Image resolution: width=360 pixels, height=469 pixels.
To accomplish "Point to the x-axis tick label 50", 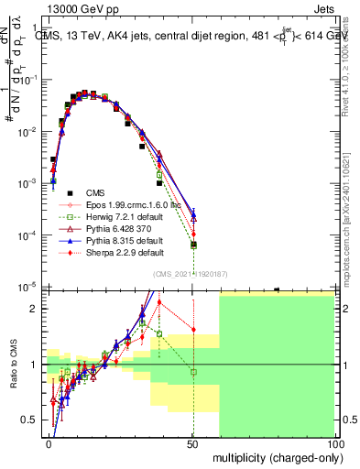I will [x=193, y=443].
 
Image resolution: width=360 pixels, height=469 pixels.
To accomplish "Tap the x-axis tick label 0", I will [x=49, y=443].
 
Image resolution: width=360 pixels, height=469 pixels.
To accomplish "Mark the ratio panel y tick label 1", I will [x=36, y=365].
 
